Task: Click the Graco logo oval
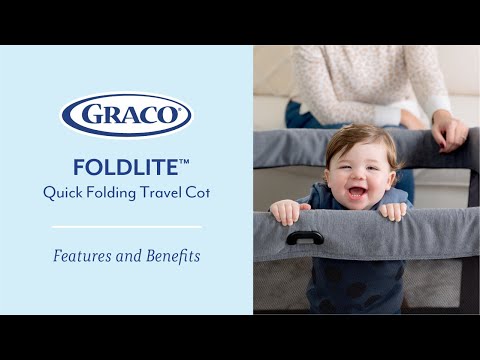tap(126, 114)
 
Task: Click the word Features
tap(83, 256)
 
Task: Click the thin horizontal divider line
tap(126, 226)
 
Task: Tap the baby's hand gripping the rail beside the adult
tap(394, 211)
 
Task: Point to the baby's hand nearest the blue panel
tap(286, 211)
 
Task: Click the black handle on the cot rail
tap(304, 237)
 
